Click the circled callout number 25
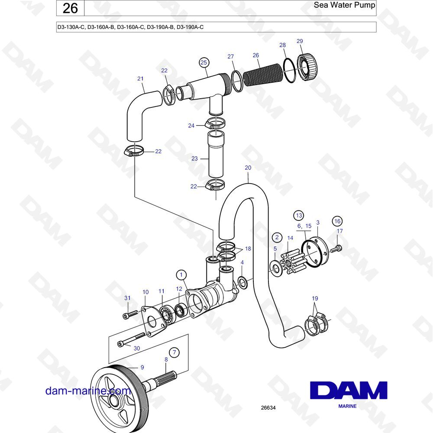point(204,63)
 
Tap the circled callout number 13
point(299,215)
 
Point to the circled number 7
point(174,352)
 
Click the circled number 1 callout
point(181,275)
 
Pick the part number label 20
point(248,168)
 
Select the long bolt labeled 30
point(131,339)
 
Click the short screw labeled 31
point(130,314)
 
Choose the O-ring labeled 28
point(290,70)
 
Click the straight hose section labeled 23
point(216,154)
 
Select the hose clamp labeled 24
point(215,123)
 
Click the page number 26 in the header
point(70,8)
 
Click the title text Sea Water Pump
point(344,5)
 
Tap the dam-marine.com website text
point(88,391)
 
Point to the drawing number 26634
point(268,407)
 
